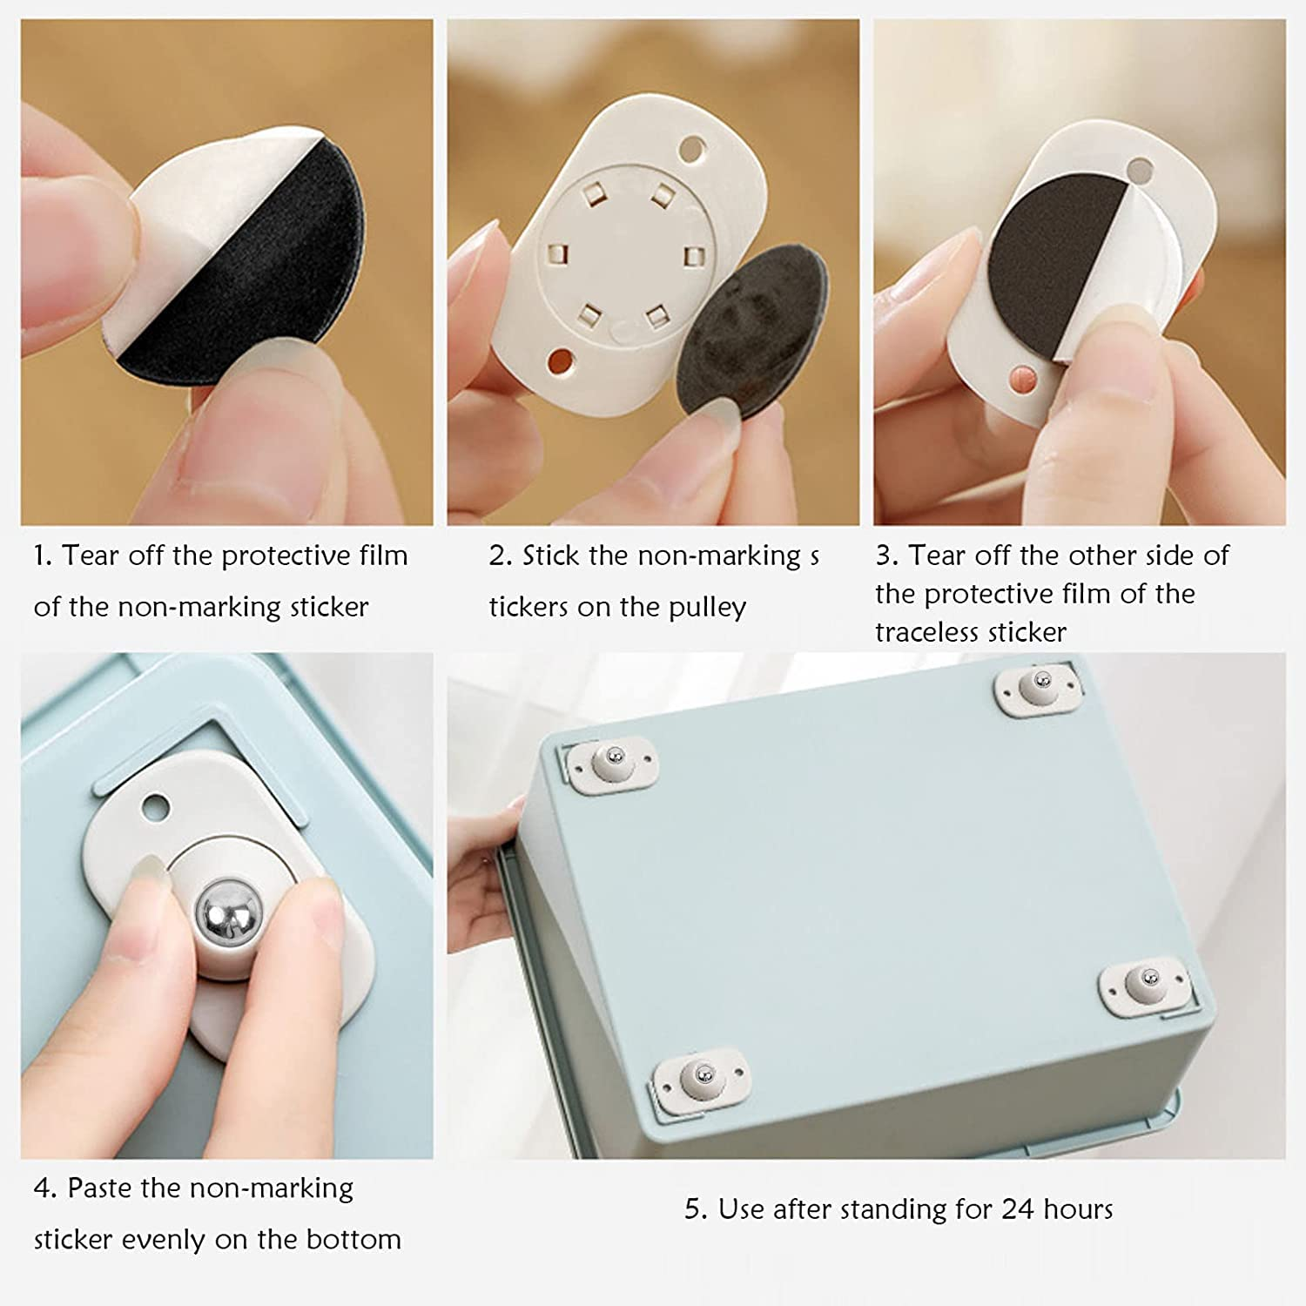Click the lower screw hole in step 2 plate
click(x=562, y=361)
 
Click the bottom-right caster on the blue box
click(x=1142, y=985)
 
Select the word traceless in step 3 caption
click(x=925, y=631)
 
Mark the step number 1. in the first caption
click(x=43, y=555)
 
